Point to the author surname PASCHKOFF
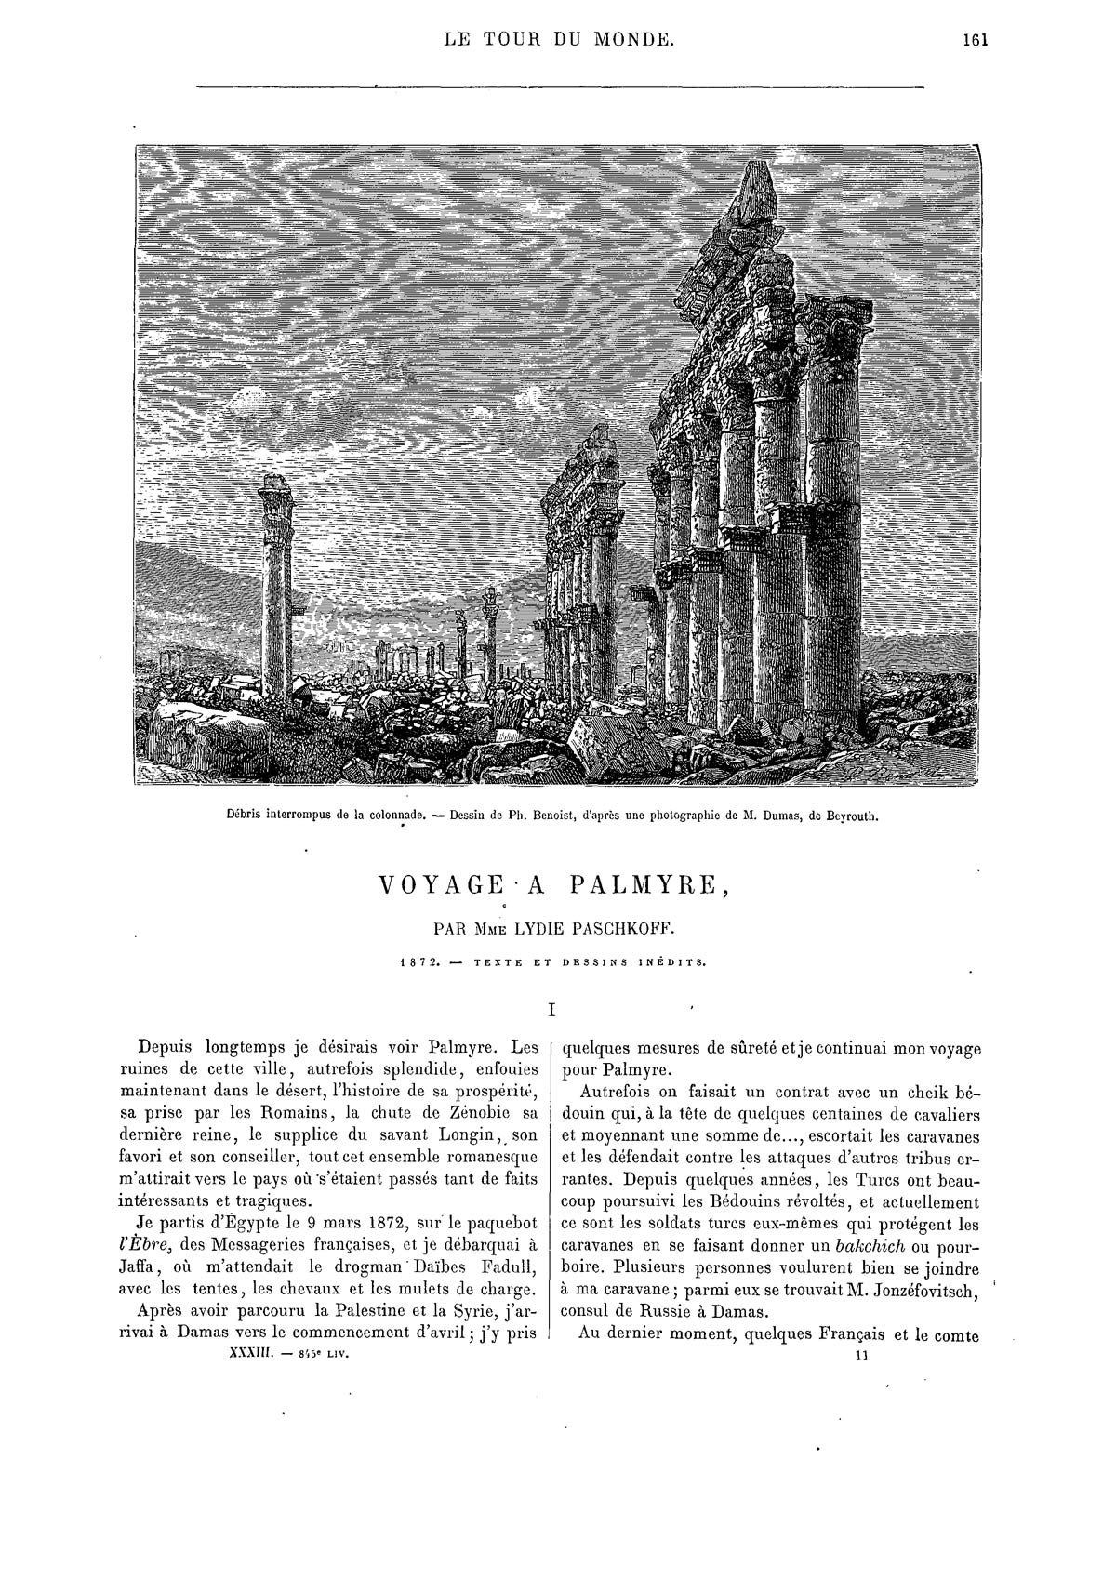(x=634, y=928)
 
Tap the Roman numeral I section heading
(x=553, y=1008)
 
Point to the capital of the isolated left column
(x=275, y=495)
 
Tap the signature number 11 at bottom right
(x=860, y=1356)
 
